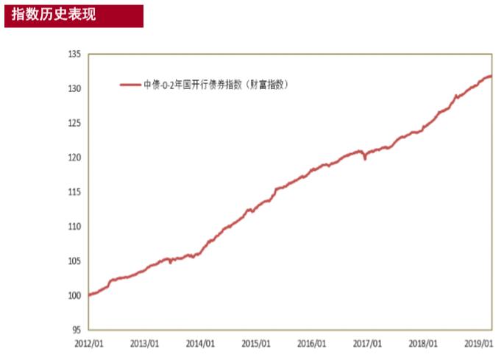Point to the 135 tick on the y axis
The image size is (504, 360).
coord(74,54)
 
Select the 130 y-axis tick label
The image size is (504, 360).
coord(74,89)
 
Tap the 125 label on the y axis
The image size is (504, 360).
coord(74,123)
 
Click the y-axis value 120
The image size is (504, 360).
coord(74,158)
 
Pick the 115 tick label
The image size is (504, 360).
coord(74,192)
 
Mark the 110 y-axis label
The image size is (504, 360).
coord(74,227)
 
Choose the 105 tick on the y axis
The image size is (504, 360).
coord(74,261)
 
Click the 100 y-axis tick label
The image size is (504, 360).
coord(74,295)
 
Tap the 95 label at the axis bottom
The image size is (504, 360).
coord(76,330)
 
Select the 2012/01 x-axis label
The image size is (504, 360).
coord(88,343)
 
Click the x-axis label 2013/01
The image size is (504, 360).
coord(143,343)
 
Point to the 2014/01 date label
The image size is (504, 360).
coord(200,343)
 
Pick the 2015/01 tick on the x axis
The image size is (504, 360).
coord(257,343)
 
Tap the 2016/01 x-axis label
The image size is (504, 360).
coord(313,343)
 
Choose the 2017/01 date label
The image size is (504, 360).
coord(368,343)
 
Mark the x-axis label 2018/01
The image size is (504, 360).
coord(424,343)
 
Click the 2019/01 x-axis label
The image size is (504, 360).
coord(479,343)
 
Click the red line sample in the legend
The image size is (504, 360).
coord(131,85)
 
